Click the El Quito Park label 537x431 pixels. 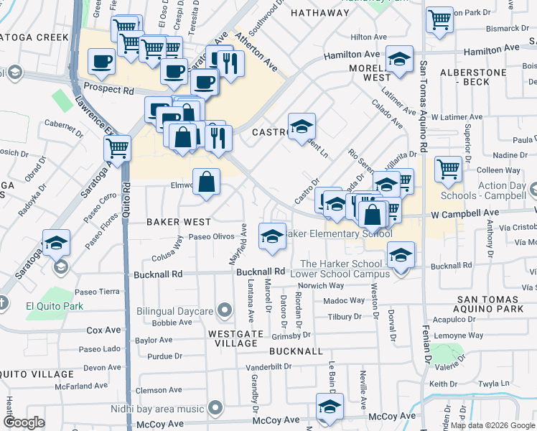(55, 306)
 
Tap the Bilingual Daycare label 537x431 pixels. (174, 312)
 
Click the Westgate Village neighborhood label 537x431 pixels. (233, 338)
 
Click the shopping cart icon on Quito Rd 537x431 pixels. (117, 149)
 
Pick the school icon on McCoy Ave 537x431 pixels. (330, 407)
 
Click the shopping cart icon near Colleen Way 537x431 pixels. (448, 170)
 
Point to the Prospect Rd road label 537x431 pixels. (108, 91)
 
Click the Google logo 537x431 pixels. (24, 422)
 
